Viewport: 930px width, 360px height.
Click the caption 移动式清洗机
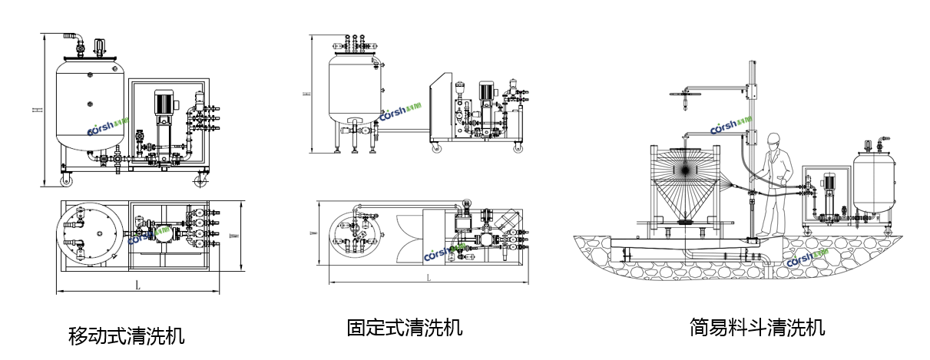127,335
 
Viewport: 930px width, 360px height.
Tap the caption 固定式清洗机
405,328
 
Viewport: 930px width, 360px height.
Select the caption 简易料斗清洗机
757,328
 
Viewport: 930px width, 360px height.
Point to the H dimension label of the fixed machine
305,94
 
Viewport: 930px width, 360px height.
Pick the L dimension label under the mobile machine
137,286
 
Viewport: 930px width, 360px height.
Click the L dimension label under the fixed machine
428,277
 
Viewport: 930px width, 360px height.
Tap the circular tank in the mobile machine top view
91,235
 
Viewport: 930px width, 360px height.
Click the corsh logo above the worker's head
733,126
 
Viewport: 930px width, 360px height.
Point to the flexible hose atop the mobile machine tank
73,40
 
